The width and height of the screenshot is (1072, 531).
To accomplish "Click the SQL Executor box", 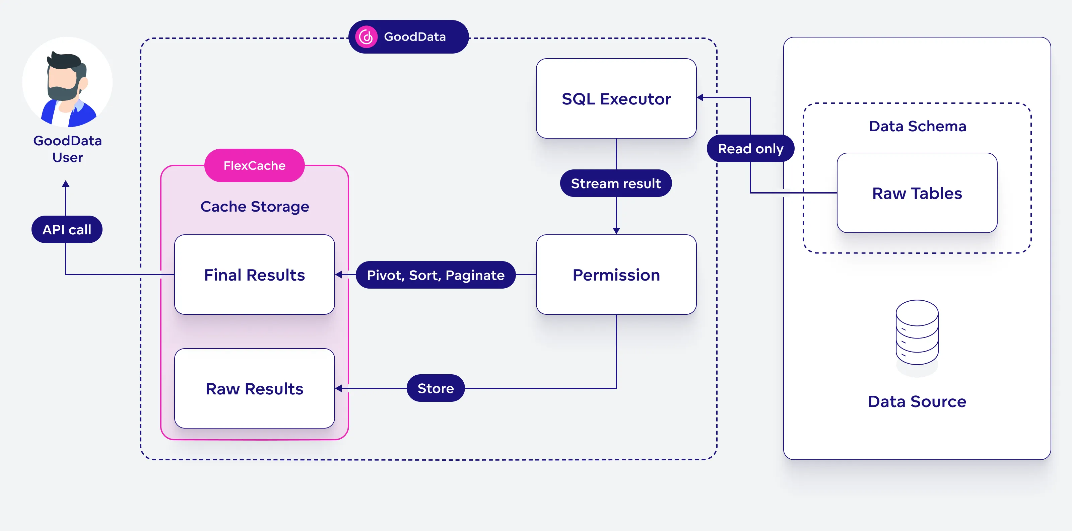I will click(x=616, y=98).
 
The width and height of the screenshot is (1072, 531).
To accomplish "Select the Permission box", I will click(x=616, y=275).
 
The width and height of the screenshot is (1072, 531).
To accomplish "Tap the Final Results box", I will click(x=254, y=275).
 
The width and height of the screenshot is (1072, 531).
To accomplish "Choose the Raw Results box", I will click(x=254, y=388).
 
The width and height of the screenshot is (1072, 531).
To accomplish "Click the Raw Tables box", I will click(x=917, y=193).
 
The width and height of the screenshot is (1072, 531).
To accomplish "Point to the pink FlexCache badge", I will click(x=254, y=165).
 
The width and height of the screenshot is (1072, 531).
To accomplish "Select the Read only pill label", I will click(x=750, y=148).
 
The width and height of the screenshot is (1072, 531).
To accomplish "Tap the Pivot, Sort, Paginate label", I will click(x=435, y=275).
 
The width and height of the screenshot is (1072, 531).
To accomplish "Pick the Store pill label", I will click(x=435, y=388).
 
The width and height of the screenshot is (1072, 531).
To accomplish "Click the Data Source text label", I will click(x=917, y=401).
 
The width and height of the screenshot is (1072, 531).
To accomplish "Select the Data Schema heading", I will click(x=917, y=126).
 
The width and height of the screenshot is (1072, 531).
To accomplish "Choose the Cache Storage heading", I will click(x=254, y=206).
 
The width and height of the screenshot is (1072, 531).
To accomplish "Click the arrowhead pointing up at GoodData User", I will click(x=66, y=184).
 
